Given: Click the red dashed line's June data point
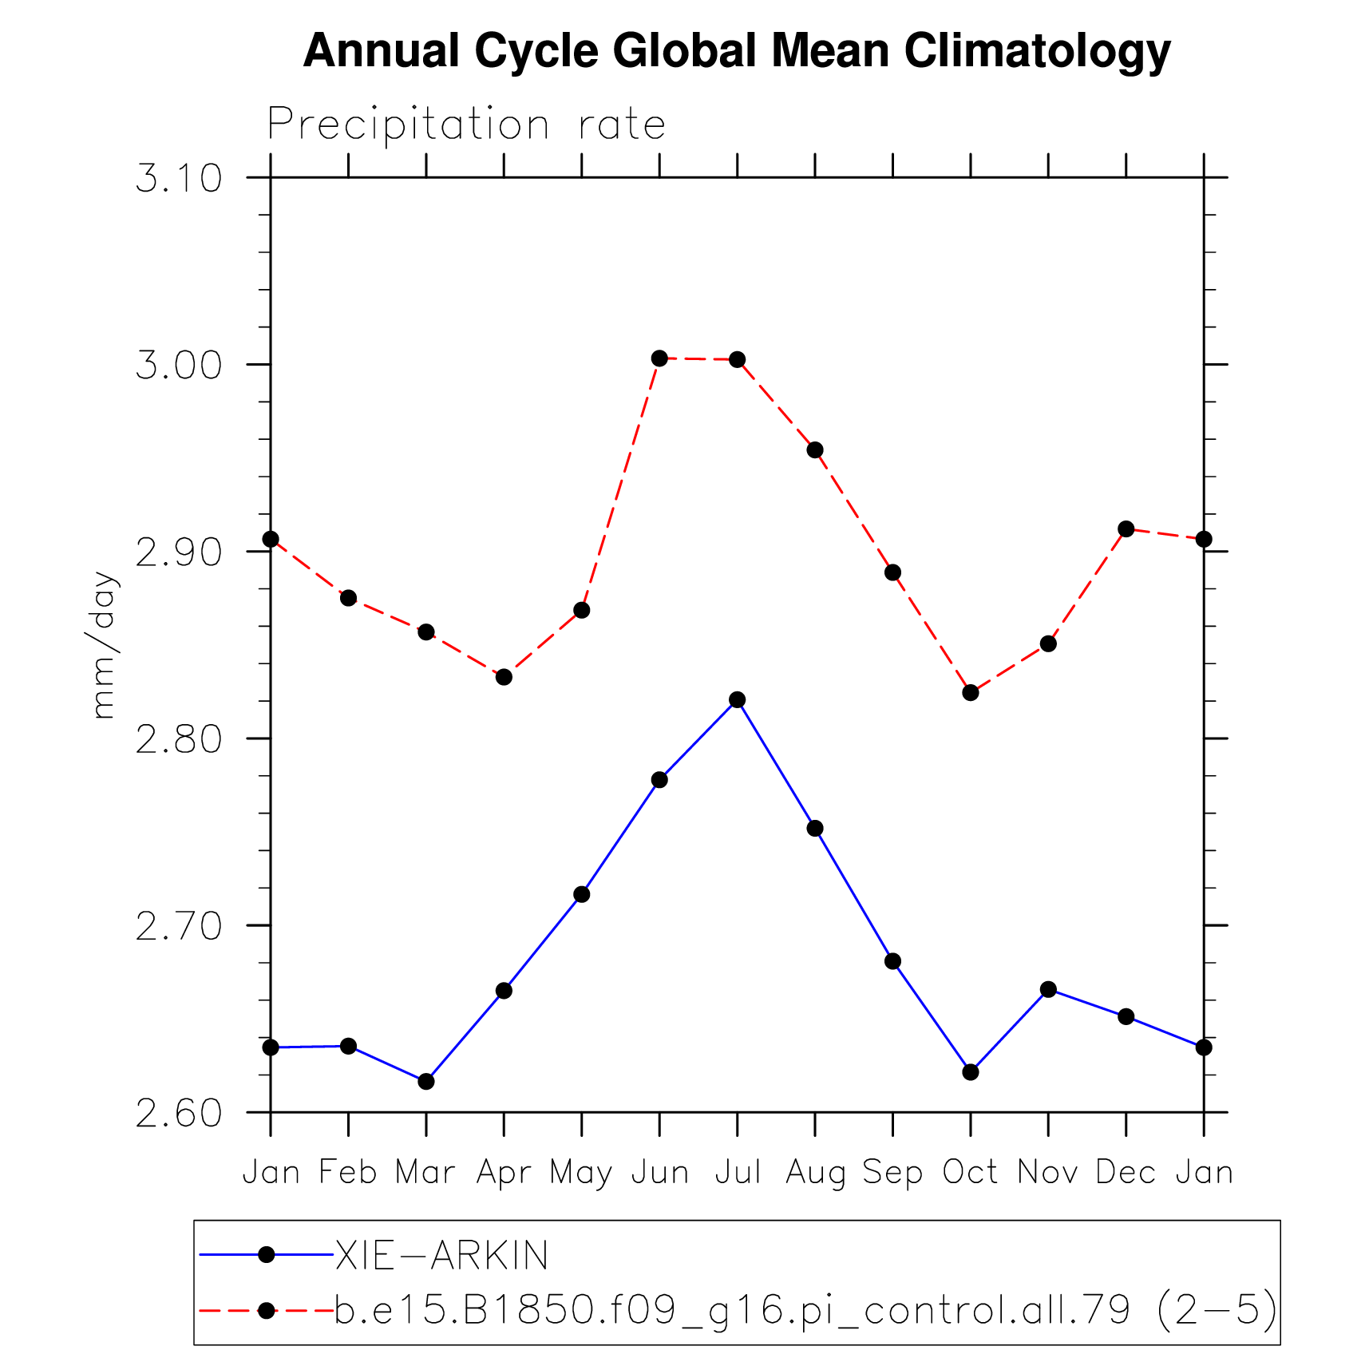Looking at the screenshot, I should (659, 358).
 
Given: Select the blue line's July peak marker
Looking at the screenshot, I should (737, 700).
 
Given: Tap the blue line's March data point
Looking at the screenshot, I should (426, 1082).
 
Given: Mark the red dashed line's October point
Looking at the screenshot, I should (971, 693).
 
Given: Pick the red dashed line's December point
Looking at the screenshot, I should (1126, 529).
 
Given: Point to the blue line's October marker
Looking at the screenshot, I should (971, 1072).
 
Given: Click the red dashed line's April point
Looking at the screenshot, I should (504, 677).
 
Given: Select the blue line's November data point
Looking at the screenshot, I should (1048, 990).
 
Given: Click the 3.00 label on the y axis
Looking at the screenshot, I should (179, 366).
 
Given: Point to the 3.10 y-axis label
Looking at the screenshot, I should (179, 178).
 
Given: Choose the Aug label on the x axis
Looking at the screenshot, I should (815, 1173).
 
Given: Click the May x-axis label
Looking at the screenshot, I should (581, 1173).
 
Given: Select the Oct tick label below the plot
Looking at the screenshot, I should (971, 1172).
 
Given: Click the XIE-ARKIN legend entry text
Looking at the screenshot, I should (441, 1256).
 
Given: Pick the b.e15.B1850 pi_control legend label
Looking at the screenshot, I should (805, 1310).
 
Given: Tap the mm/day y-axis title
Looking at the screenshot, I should (104, 645).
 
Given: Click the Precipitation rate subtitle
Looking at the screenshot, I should (466, 125).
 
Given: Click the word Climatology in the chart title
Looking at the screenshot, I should (1037, 51).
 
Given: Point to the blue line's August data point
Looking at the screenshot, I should (815, 829).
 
